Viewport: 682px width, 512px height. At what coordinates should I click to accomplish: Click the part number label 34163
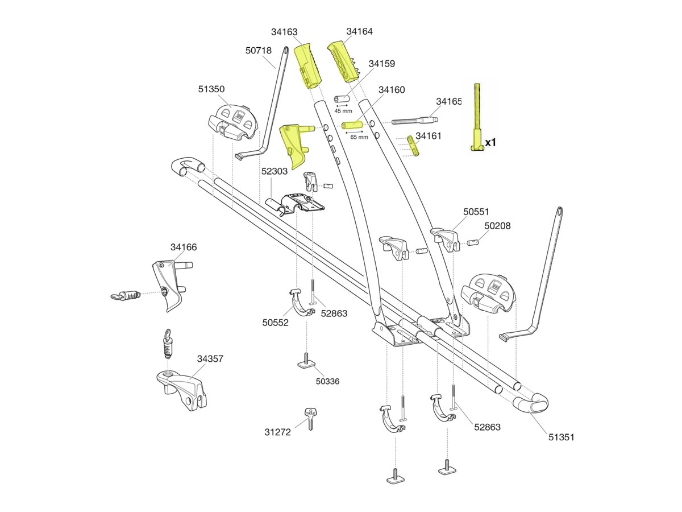click(284, 32)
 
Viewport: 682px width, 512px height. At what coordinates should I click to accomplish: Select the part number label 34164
click(360, 31)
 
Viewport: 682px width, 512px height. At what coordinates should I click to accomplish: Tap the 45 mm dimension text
click(343, 111)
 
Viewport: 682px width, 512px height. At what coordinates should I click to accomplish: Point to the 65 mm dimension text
click(359, 137)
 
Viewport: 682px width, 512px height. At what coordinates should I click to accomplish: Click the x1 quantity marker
click(490, 143)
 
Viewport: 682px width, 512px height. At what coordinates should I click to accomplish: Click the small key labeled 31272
click(310, 419)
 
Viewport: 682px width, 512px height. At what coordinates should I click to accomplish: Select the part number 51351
click(561, 437)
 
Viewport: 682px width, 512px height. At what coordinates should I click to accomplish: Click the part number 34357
click(210, 359)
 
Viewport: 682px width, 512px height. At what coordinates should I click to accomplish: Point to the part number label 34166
click(184, 247)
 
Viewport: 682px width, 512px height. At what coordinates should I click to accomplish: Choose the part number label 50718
click(259, 51)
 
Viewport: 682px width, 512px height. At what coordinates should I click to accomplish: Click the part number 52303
click(275, 171)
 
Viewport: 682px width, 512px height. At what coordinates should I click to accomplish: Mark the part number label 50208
click(497, 226)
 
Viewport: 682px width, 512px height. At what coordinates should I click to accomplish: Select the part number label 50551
click(476, 211)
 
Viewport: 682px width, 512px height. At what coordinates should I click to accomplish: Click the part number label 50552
click(275, 322)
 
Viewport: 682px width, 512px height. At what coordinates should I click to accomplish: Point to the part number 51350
click(211, 89)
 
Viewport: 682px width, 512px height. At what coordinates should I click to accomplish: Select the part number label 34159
click(381, 64)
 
